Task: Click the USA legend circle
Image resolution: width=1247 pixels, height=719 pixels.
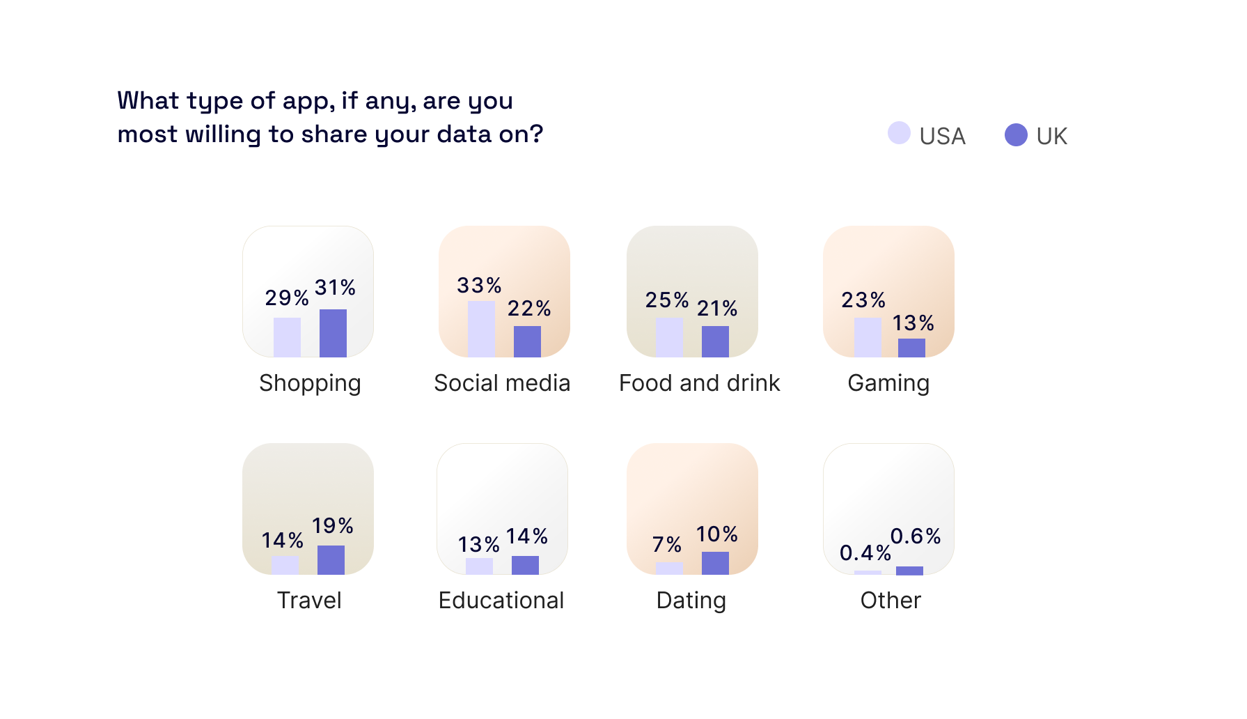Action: (899, 133)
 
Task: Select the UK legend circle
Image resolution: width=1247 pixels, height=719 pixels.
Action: (1016, 134)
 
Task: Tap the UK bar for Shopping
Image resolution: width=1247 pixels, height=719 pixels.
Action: (333, 333)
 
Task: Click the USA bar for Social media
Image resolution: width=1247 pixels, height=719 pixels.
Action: (481, 329)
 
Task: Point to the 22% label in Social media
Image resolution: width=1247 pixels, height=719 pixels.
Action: (529, 308)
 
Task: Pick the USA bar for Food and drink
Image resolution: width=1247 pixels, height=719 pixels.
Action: (669, 337)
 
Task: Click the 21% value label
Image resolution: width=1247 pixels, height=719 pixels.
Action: (717, 308)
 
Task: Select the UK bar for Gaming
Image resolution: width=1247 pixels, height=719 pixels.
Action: (911, 348)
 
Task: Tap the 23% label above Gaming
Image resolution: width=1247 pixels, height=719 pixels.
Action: (863, 300)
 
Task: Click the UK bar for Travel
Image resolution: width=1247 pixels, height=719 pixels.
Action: (331, 560)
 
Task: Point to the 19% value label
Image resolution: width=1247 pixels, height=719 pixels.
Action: (333, 525)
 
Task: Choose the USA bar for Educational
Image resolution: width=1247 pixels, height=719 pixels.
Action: (479, 566)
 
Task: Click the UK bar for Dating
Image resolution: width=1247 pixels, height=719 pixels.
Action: (715, 563)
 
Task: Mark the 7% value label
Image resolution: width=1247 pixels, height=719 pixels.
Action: (666, 544)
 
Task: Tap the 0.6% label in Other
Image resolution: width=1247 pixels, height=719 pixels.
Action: (916, 536)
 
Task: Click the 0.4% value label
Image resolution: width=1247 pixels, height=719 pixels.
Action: (865, 552)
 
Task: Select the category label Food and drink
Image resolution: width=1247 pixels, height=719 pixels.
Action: (699, 383)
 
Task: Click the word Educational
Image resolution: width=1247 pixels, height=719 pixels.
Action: (501, 601)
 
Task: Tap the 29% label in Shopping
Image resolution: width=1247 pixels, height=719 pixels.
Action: (287, 297)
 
